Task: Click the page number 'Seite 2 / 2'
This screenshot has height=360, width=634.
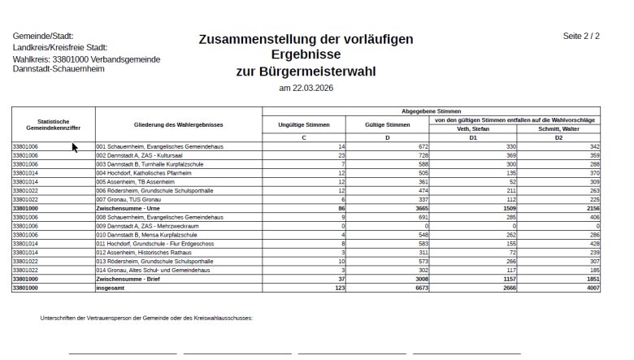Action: point(580,37)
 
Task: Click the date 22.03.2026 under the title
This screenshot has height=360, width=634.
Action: point(306,88)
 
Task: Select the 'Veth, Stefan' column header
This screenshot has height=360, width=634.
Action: point(473,128)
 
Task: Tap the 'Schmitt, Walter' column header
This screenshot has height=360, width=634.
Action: point(558,128)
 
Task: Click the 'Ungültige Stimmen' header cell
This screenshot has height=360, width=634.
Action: point(304,124)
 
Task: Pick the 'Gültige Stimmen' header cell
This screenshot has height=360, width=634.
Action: point(387,124)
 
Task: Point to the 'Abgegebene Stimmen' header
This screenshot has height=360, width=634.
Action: point(431,110)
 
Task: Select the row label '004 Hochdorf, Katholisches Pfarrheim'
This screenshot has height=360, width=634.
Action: point(143,172)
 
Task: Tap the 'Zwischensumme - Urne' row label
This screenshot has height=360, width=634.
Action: point(124,208)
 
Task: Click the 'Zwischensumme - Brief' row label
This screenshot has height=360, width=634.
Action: point(124,279)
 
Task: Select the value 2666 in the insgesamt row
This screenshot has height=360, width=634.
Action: point(505,288)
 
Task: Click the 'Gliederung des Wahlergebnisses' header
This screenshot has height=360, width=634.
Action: point(178,124)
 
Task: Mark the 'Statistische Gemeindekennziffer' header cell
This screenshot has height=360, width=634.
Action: point(53,124)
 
